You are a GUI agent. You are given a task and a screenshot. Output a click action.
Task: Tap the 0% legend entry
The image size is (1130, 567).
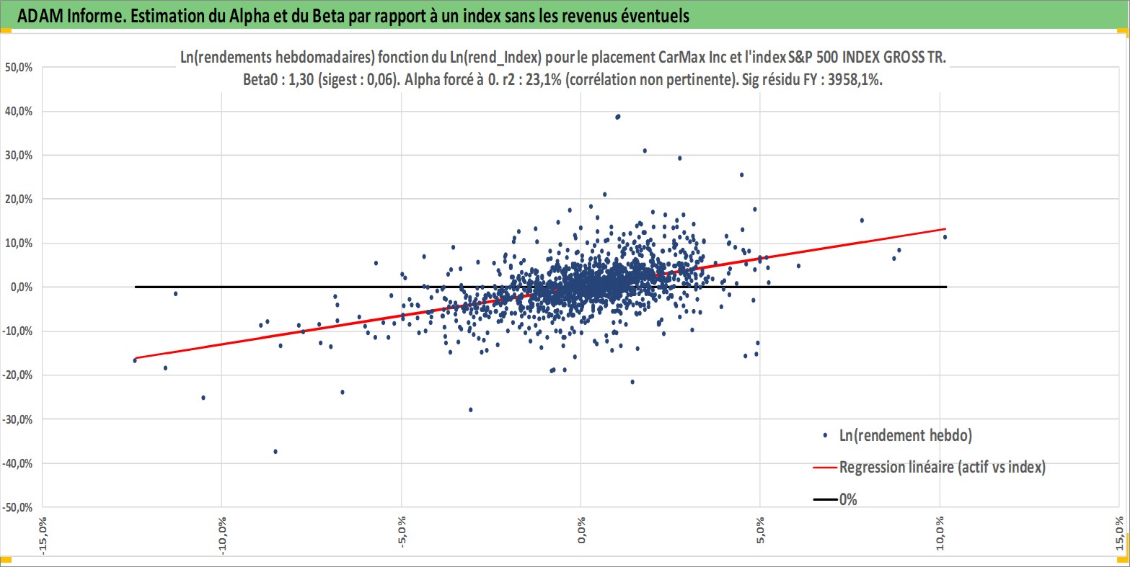tap(848, 499)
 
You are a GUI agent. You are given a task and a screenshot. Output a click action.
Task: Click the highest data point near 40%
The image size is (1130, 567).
tap(617, 116)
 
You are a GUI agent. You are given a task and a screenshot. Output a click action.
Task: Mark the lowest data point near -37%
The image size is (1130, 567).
tap(275, 451)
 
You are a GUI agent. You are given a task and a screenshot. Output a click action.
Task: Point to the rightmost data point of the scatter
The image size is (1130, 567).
tap(945, 236)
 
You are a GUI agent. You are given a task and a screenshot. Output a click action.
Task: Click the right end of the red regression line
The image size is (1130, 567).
tap(945, 229)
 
